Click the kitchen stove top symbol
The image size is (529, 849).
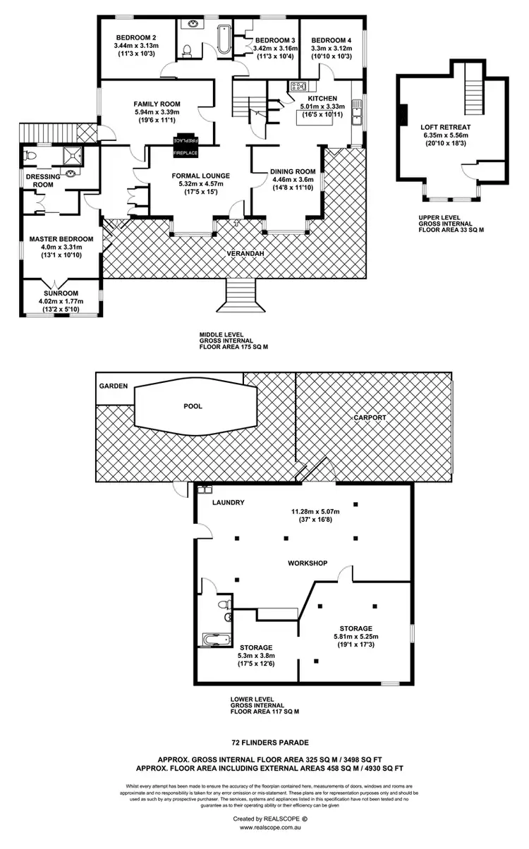pos(296,88)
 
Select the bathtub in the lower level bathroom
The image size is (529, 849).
pos(217,640)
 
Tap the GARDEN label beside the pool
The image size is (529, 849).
pos(113,386)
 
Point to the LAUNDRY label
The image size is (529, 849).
pos(228,503)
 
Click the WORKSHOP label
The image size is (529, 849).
pos(308,563)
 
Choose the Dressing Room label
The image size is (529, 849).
pos(39,181)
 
